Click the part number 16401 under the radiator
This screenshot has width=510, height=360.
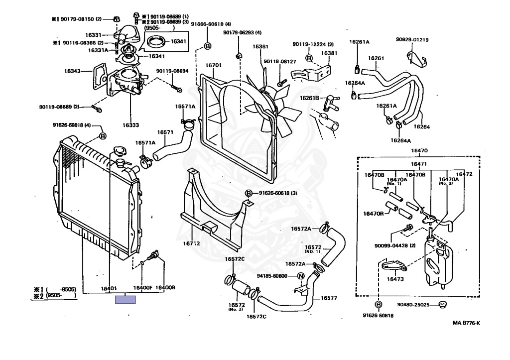coord(109,288)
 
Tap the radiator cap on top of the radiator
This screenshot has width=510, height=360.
coord(120,151)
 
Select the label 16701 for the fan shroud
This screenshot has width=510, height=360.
coord(214,65)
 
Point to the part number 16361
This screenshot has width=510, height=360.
coord(259,47)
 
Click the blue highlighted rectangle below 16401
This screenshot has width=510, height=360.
coord(126,299)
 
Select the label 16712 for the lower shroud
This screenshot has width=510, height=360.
coord(191,243)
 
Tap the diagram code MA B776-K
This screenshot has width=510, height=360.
coord(466,323)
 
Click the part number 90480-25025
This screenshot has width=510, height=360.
coord(413,305)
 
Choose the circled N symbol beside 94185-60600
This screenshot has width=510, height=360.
coord(301,276)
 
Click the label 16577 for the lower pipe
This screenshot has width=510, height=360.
coord(329,298)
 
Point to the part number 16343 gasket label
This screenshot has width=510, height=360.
coord(72,71)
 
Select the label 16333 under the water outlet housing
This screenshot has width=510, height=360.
coord(130,125)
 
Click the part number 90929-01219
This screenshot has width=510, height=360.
coord(412,39)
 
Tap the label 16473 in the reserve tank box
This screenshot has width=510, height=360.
coord(394,279)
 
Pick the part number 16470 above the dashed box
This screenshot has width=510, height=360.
coord(419,150)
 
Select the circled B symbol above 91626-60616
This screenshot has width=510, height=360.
coord(378,304)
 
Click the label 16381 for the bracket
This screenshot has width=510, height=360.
coord(329,53)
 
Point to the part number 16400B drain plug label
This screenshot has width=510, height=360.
coord(165,288)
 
